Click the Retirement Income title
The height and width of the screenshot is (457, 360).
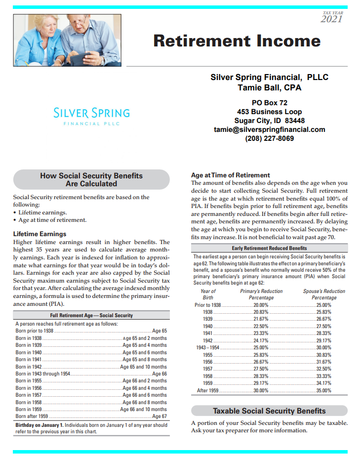click(237, 41)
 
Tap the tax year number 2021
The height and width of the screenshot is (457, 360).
click(331, 19)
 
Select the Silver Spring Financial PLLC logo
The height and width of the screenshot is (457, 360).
click(91, 116)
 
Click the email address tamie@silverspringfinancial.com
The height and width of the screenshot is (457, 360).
click(269, 129)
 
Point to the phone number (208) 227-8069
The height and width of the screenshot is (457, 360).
click(269, 138)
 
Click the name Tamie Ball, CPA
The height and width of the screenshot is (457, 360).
click(269, 88)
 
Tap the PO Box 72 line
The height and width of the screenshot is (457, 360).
click(269, 103)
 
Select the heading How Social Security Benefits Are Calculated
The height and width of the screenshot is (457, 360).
click(91, 179)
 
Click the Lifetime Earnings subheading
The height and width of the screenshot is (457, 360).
click(39, 234)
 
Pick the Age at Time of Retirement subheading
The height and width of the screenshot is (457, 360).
click(230, 175)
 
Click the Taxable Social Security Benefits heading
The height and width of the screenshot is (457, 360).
click(269, 411)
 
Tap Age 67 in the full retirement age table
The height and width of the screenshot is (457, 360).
click(160, 416)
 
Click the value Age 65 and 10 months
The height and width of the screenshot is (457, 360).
click(143, 367)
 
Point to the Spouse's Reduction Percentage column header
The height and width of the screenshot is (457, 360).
click(324, 294)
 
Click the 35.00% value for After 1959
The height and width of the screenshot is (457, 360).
click(323, 390)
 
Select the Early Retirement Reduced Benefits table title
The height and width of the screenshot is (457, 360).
click(269, 248)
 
